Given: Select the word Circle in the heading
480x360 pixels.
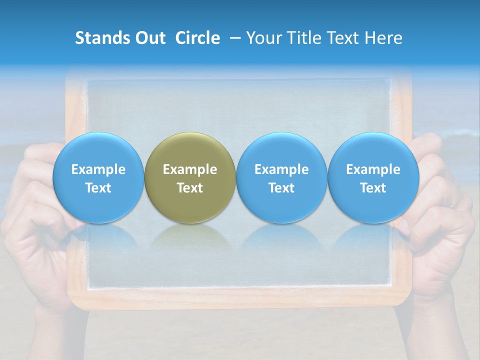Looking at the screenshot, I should (x=197, y=38).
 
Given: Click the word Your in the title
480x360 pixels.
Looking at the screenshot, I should (x=264, y=38).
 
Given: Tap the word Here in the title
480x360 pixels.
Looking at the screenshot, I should (x=383, y=38).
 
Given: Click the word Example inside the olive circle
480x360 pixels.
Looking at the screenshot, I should (x=190, y=169).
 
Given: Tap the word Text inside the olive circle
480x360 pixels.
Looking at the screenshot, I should (x=190, y=188).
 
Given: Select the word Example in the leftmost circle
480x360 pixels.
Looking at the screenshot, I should (x=98, y=169).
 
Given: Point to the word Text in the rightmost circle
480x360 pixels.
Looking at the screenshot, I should (x=373, y=188).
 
